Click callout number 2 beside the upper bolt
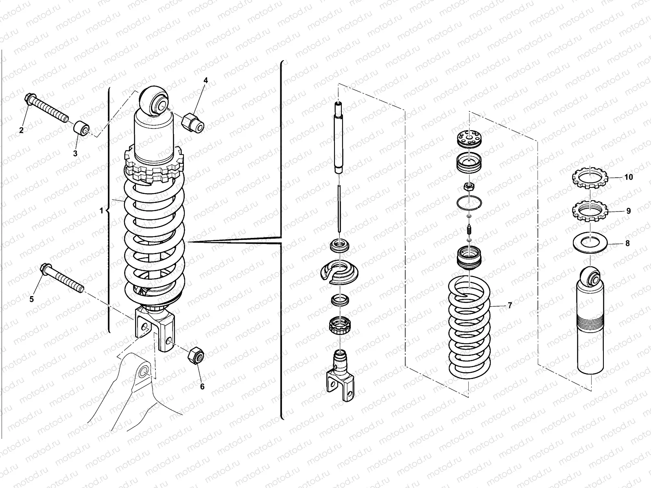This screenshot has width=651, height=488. [x=22, y=130]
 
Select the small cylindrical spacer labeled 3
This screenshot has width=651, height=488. [x=81, y=129]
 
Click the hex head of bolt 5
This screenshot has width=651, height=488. [x=45, y=269]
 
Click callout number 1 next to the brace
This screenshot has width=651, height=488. [x=101, y=211]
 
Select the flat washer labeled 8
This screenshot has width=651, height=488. [x=590, y=243]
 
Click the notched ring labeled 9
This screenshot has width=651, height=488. [x=590, y=211]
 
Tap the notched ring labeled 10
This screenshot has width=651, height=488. [x=590, y=177]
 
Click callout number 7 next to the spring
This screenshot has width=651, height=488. [x=509, y=305]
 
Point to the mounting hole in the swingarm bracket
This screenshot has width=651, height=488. [x=143, y=373]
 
